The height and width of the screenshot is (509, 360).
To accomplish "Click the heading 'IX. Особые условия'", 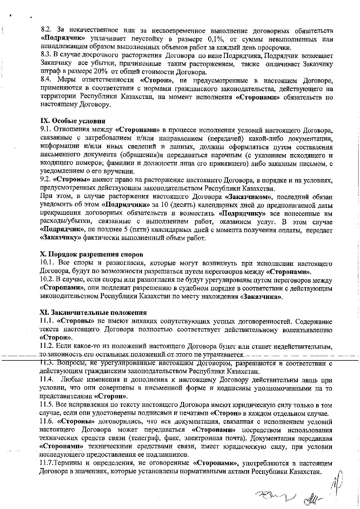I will coord(73,121).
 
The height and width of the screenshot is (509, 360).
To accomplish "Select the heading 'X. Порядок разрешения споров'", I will coord(91,255).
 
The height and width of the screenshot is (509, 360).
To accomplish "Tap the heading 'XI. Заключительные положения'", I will coord(93,313).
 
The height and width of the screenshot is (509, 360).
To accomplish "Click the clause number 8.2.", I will coord(46,30).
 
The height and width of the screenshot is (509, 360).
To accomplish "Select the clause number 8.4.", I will coord(46,80).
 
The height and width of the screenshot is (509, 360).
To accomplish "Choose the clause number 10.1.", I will coord(47,263).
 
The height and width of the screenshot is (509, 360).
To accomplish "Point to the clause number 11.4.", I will coord(46,380).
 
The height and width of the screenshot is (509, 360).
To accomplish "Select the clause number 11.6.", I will coord(46,421).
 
